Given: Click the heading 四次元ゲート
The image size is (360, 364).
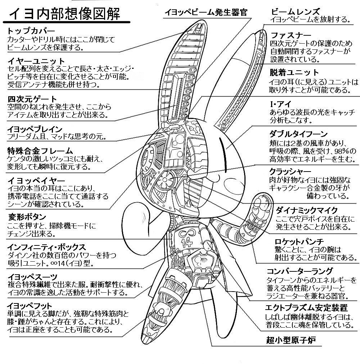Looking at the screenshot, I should (x=32, y=99).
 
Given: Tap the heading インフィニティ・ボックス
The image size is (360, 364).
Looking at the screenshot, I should (x=47, y=247).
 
